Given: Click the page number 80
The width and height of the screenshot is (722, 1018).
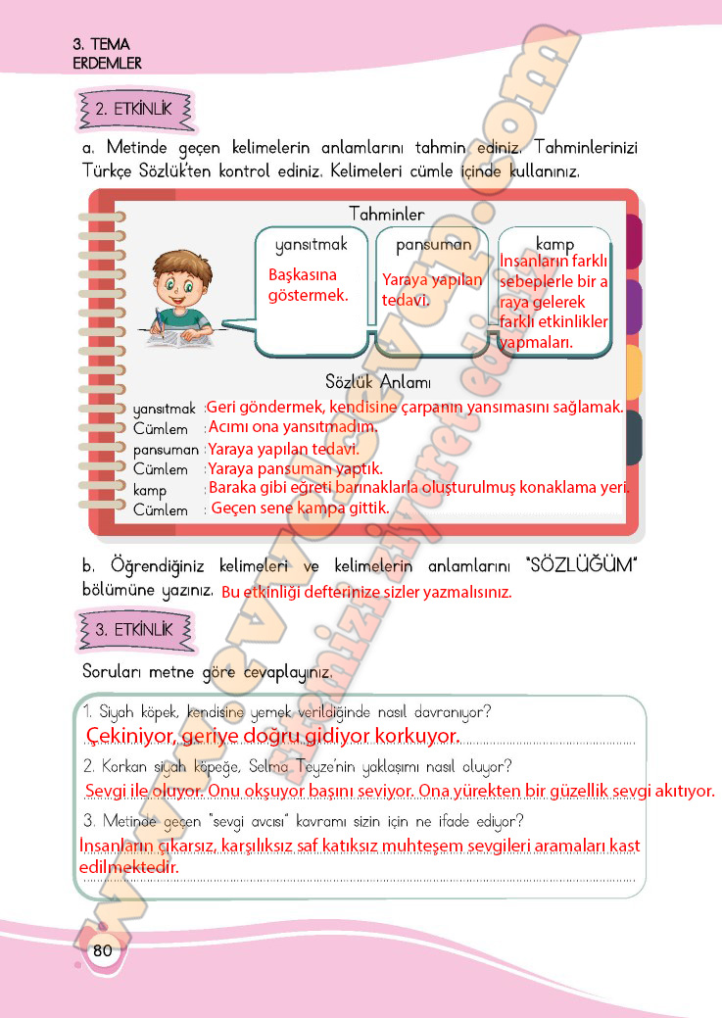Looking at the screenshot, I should (103, 950).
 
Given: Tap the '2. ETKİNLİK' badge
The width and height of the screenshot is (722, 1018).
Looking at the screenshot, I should (134, 109).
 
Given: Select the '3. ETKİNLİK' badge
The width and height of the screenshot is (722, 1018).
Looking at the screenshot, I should (134, 629).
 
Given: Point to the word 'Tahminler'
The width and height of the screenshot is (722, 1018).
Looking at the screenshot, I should (386, 214).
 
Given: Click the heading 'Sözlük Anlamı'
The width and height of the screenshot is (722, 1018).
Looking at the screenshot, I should (378, 382).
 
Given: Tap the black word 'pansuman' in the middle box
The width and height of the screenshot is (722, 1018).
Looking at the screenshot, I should (434, 244).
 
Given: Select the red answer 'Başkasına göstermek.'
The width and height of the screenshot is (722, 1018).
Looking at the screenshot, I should (309, 284).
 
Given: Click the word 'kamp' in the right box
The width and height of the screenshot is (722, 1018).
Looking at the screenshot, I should (554, 244).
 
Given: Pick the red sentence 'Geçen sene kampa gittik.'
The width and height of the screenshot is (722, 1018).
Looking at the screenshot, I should (300, 508).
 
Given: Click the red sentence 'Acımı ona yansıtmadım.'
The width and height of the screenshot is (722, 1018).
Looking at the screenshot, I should (292, 427).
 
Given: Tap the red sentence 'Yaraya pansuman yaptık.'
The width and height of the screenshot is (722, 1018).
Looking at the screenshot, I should (295, 468).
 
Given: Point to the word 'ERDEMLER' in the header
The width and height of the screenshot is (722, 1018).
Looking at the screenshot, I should (107, 63).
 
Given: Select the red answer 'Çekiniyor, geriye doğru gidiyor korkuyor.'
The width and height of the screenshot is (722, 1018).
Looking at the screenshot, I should (272, 735).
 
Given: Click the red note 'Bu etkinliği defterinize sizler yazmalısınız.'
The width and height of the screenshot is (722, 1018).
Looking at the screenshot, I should (366, 593).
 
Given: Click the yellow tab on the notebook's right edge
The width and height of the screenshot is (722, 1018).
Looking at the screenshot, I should (633, 373).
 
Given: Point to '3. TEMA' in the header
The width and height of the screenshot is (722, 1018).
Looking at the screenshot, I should (101, 45).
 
